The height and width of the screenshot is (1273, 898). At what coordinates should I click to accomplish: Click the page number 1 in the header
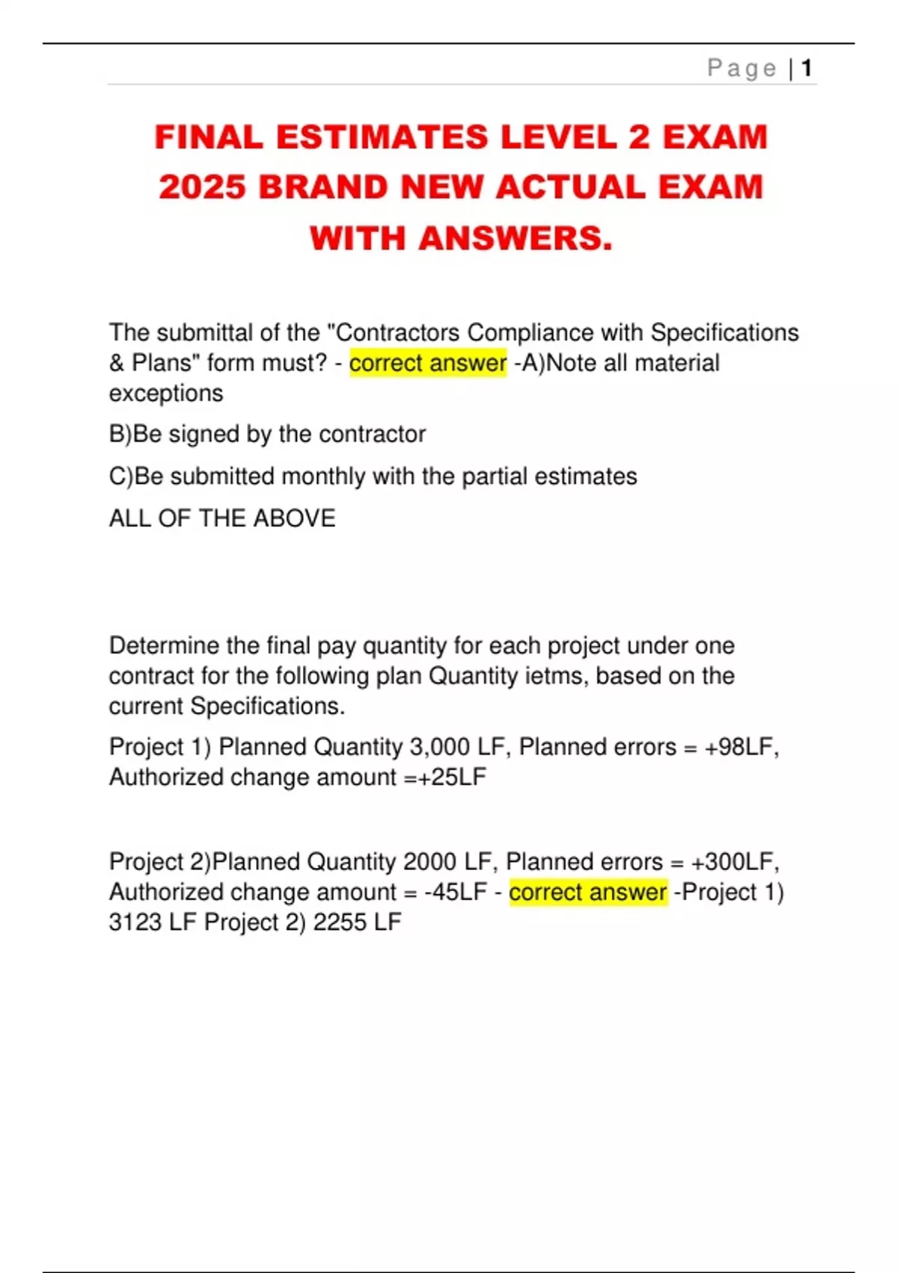coord(807,69)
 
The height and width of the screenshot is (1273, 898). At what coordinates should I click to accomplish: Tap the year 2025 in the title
coord(202,187)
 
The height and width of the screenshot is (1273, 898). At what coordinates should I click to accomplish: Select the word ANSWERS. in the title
coord(515,239)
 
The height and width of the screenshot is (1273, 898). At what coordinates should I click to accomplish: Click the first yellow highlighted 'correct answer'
coord(427,363)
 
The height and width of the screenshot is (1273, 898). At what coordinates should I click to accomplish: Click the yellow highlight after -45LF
coord(587,893)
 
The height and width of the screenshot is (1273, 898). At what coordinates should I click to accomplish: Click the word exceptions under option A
coord(166,394)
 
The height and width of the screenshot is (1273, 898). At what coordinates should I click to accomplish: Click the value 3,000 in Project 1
coord(439,747)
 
